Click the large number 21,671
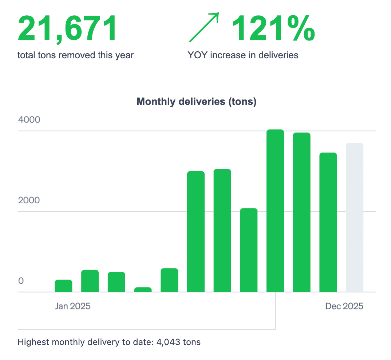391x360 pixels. point(67,28)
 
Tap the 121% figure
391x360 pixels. point(273,28)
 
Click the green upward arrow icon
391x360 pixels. point(204,27)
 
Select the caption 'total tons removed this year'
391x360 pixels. point(76,55)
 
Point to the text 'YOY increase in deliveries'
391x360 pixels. point(243,55)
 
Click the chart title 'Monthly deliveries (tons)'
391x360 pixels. point(197,102)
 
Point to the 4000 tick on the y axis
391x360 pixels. point(29,120)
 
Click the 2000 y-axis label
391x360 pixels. point(29,200)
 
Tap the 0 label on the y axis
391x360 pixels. point(21,281)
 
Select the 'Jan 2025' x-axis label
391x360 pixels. point(72,306)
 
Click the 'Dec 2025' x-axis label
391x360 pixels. point(344,306)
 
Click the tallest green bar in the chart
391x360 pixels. point(275,211)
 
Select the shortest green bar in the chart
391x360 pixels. point(143,290)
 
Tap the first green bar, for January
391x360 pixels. point(63,286)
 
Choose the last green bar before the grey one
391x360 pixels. point(328,222)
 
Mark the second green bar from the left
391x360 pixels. point(90,281)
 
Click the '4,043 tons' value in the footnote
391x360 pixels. point(178,343)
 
